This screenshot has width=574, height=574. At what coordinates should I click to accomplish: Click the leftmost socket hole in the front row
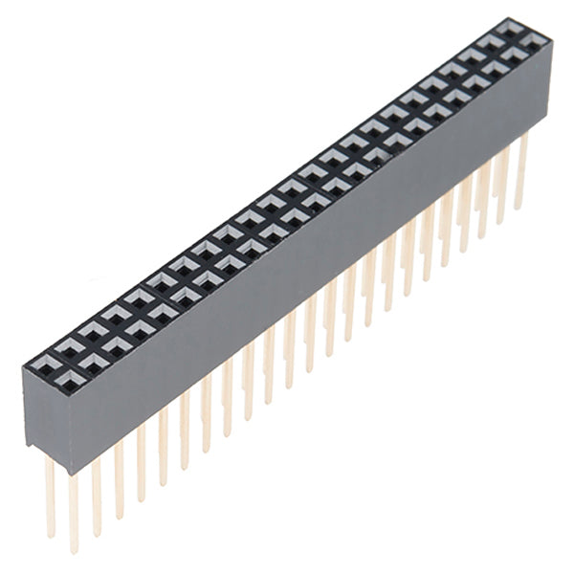click(x=45, y=364)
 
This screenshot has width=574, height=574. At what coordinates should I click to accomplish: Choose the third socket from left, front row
click(x=93, y=333)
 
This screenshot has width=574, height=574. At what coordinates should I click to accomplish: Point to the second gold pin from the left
click(x=73, y=507)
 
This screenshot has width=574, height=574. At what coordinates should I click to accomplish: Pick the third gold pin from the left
click(x=96, y=493)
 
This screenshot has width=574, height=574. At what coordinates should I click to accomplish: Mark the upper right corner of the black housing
click(x=552, y=43)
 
